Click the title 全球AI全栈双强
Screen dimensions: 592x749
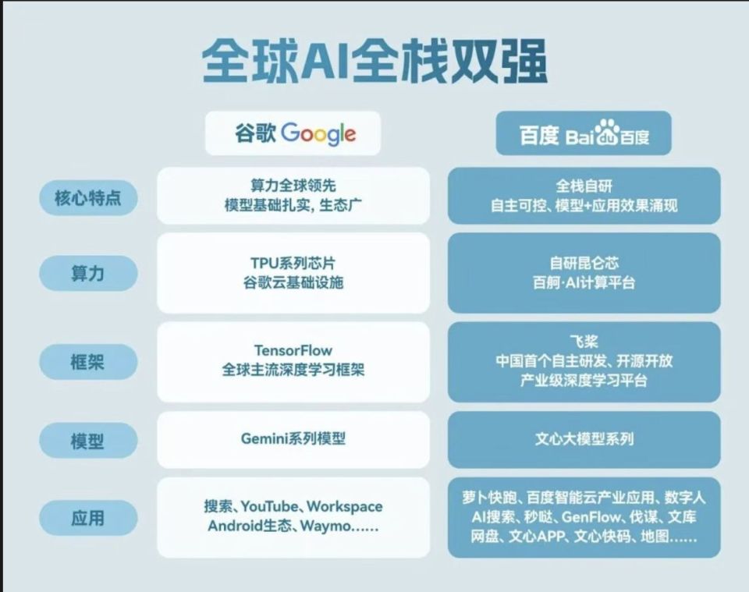click(x=374, y=62)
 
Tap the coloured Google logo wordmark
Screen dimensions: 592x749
click(x=318, y=133)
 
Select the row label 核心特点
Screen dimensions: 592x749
click(x=88, y=197)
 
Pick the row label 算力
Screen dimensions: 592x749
click(x=88, y=274)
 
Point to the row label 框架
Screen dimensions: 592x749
click(x=88, y=362)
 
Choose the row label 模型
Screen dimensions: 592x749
click(x=88, y=441)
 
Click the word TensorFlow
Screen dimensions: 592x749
click(x=293, y=350)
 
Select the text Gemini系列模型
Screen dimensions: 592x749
click(x=293, y=439)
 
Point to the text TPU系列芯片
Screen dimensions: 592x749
click(x=293, y=263)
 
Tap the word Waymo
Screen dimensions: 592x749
click(x=326, y=526)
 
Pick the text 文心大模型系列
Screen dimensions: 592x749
click(x=584, y=439)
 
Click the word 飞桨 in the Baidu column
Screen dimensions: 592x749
click(x=584, y=341)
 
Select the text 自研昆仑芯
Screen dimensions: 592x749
click(x=584, y=263)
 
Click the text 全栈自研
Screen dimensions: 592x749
click(x=584, y=186)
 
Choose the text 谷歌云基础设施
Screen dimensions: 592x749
click(x=293, y=282)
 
